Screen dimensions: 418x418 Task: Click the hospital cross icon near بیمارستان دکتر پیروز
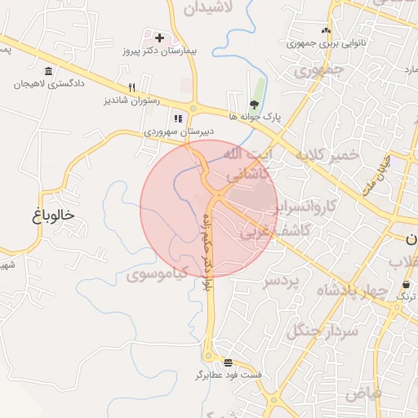click(x=159, y=38)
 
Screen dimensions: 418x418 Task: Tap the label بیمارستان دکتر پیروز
click(x=168, y=51)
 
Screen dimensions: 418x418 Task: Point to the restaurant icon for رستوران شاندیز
click(x=131, y=88)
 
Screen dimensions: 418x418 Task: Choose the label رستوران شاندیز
click(x=129, y=101)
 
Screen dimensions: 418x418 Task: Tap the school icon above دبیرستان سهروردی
click(x=178, y=118)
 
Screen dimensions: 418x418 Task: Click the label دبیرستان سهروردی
click(x=179, y=131)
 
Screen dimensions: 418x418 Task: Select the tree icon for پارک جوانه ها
click(x=255, y=104)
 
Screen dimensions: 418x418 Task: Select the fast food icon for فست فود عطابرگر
click(x=228, y=362)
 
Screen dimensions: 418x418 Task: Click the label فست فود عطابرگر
click(x=229, y=375)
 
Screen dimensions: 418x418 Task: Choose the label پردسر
click(x=282, y=281)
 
